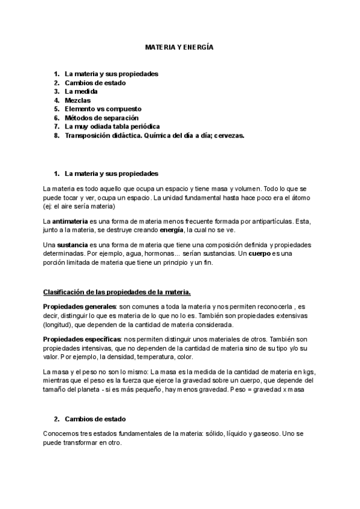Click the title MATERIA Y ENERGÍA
tap(179, 46)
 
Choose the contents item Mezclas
tap(79, 100)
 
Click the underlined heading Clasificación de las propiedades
tap(117, 292)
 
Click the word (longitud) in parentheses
tap(59, 325)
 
